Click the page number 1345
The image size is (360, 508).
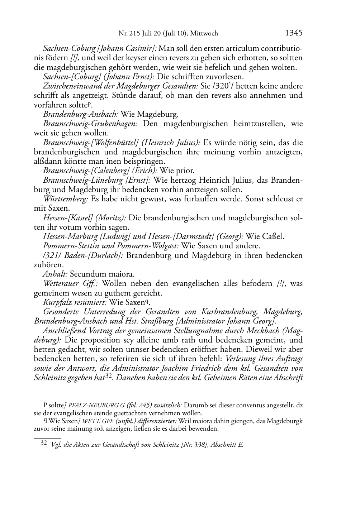294,33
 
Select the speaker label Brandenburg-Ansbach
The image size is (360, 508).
81,114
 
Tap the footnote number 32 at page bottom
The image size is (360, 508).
44,443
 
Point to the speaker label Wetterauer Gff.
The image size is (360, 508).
71,284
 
